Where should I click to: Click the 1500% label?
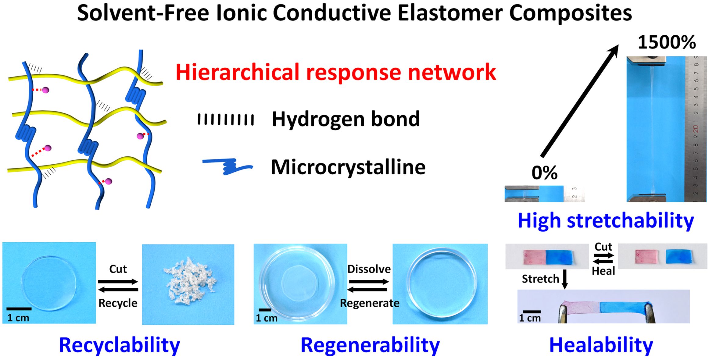[667, 42]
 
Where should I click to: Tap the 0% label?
[544, 173]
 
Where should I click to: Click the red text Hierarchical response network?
[335, 72]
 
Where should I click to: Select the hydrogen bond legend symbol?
[226, 119]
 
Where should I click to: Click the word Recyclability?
[119, 345]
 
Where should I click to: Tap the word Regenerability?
[370, 345]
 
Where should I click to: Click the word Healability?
[601, 345]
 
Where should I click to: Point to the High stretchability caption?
[605, 220]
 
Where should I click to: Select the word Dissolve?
[369, 269]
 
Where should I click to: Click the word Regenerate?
[370, 303]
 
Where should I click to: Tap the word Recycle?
[118, 303]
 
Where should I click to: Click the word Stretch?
[540, 279]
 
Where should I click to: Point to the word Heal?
[603, 271]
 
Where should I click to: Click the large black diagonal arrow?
[579, 101]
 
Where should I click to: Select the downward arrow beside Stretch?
[565, 279]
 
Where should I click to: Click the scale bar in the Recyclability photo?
[19, 309]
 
